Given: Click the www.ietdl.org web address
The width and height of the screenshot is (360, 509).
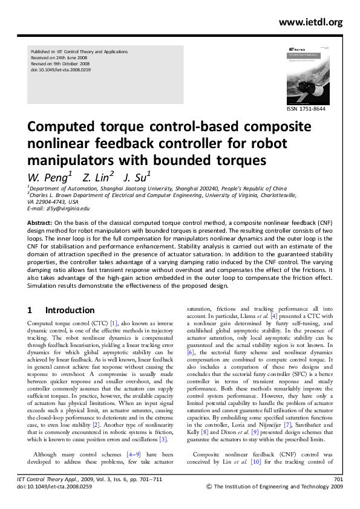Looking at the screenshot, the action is click(x=310, y=22).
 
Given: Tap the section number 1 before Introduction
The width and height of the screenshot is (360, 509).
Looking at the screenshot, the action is click(x=30, y=310).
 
